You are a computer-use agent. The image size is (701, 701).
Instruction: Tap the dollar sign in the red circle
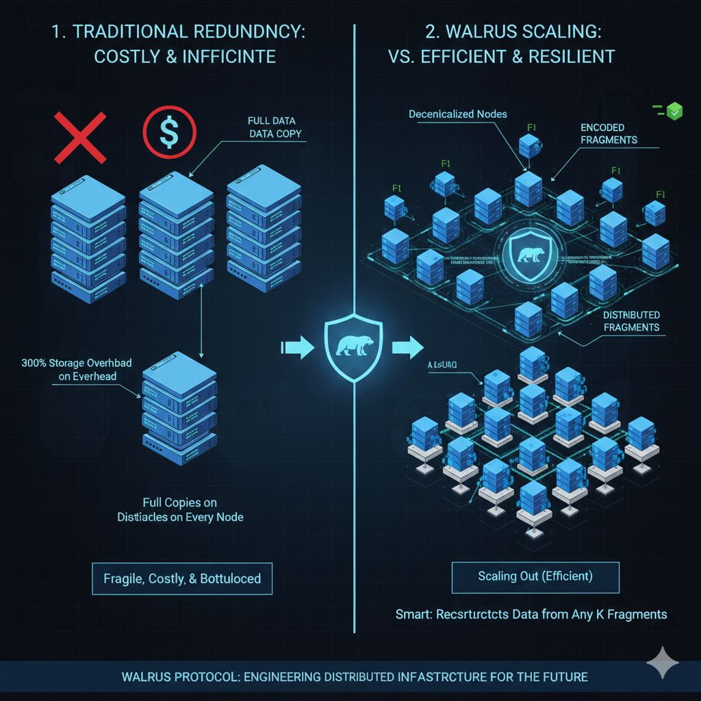(169, 131)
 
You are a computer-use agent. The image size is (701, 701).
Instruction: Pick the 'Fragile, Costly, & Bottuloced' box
(182, 578)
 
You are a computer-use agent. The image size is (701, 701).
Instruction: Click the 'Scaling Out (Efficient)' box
(535, 576)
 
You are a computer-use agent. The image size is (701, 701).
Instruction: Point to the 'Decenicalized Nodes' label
(457, 114)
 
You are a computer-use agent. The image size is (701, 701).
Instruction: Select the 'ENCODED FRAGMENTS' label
(608, 133)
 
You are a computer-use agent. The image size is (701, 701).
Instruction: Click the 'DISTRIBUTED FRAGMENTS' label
(631, 321)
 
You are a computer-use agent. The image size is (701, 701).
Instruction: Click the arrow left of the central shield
(296, 347)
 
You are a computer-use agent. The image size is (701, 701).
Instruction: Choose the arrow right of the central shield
(408, 346)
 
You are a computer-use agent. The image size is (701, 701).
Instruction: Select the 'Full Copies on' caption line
(181, 502)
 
